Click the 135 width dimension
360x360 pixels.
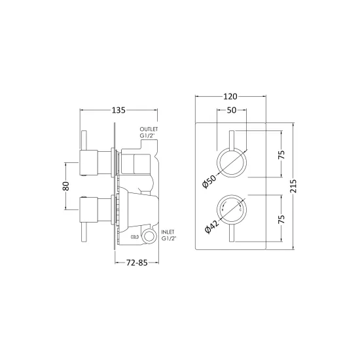coord(118,110)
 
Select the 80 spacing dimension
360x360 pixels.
coord(65,186)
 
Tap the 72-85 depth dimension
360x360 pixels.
coord(137,262)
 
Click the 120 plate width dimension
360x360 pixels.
coord(230,96)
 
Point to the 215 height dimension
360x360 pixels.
coord(293,186)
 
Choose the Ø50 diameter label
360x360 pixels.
coord(209,181)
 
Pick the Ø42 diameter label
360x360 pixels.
coord(212,227)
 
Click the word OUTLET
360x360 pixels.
coord(149,129)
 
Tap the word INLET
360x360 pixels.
coord(168,232)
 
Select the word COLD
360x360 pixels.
coord(135,237)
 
